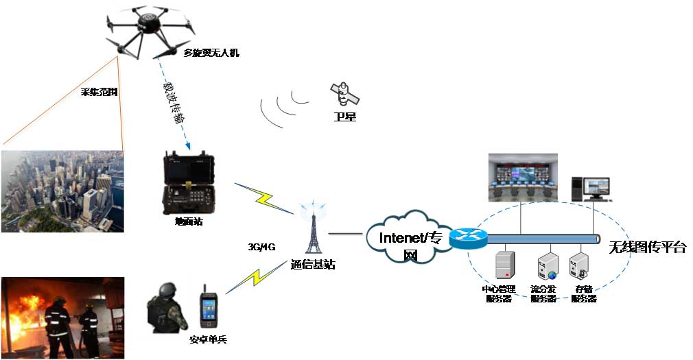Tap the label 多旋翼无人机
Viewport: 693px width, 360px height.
point(211,53)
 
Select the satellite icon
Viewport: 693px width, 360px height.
point(341,93)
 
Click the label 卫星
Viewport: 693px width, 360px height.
point(344,117)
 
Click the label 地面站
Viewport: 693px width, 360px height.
point(189,221)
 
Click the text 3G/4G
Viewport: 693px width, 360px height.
point(261,246)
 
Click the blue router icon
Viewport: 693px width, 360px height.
point(468,238)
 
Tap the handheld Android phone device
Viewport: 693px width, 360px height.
point(208,310)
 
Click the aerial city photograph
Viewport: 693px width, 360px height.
point(62,191)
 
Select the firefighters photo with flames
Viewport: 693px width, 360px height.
point(62,317)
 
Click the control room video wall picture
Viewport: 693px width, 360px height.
point(521,176)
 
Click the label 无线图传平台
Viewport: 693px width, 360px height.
point(646,248)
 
